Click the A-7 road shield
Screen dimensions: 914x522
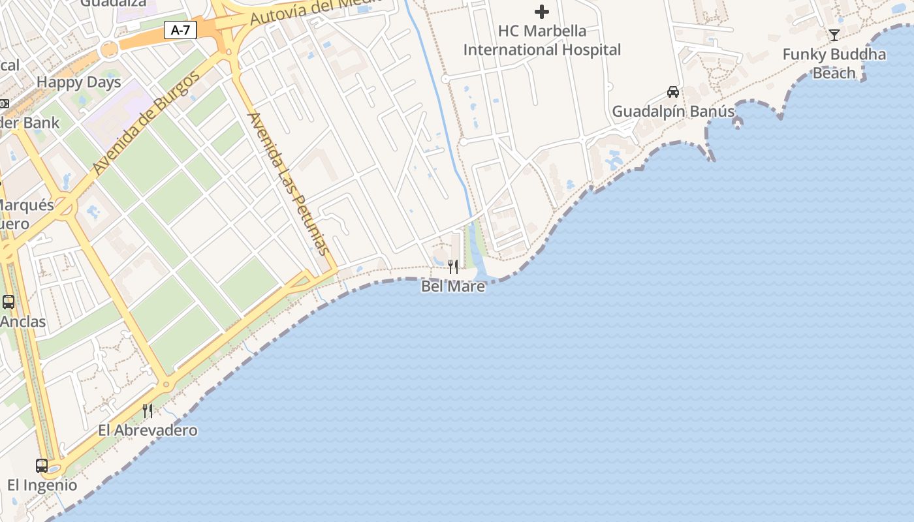pos(180,30)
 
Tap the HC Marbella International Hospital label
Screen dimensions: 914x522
pos(542,40)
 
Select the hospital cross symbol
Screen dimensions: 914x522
pos(541,11)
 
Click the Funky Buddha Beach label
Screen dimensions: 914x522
pos(834,63)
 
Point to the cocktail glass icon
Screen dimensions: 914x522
pos(834,35)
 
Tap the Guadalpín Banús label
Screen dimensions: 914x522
pos(672,112)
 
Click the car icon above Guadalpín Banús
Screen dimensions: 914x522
pos(672,92)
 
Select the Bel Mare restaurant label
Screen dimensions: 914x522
pos(453,286)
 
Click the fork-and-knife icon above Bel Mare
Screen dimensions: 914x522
pos(452,266)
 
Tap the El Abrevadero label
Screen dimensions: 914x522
pos(148,430)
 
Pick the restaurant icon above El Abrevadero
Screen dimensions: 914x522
pos(148,410)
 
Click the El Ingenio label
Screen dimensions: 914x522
pos(42,485)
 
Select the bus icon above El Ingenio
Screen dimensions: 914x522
pos(42,466)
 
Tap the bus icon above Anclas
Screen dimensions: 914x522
pos(8,302)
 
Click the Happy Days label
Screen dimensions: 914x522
pos(79,82)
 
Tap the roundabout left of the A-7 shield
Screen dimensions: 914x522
pos(109,49)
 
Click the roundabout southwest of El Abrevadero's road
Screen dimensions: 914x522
pos(166,385)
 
